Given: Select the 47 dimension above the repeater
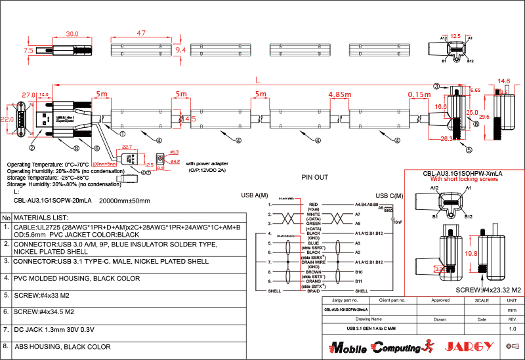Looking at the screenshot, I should (140, 33).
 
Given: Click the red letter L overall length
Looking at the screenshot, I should (258, 79).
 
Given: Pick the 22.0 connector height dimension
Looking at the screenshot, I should (7, 120).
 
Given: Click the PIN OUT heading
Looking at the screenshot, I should (314, 177).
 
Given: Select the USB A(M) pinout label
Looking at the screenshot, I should (255, 195).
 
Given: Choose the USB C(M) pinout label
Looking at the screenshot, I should (388, 195).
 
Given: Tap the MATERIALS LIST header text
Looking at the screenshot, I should (41, 217).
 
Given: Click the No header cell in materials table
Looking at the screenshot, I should (6, 217).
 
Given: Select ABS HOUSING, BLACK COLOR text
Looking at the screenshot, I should (62, 346).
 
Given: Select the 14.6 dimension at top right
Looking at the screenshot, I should (504, 81).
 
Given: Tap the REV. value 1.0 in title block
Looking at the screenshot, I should (513, 329).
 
